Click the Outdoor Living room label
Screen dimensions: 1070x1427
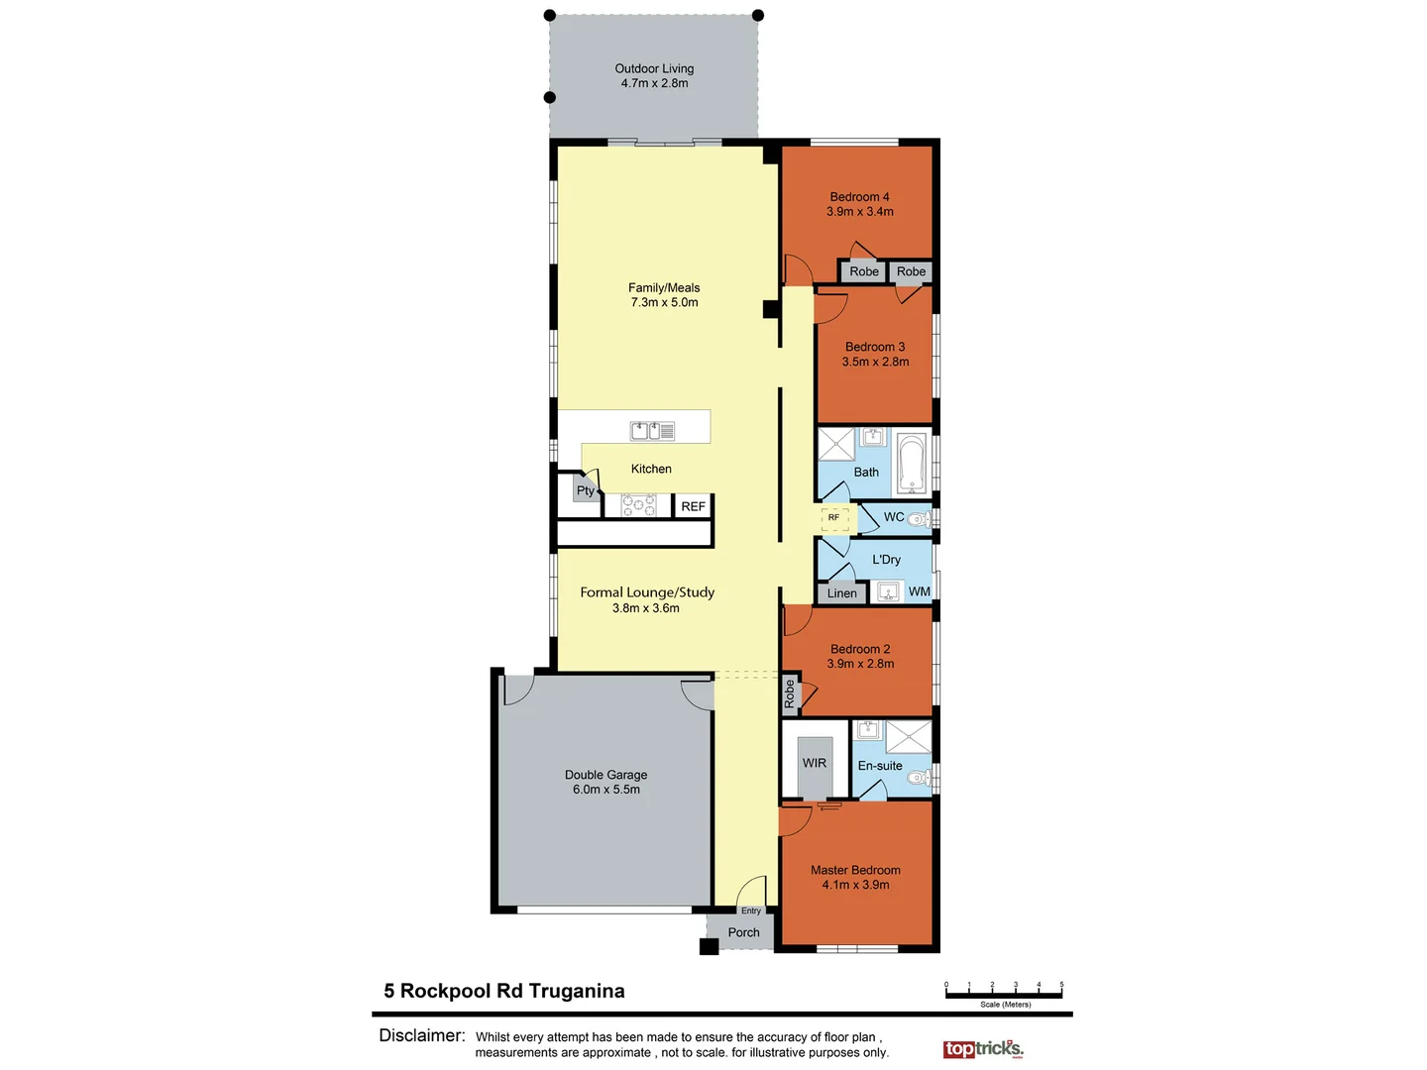(654, 69)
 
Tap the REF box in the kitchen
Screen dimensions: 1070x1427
(693, 506)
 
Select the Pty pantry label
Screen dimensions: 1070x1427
(586, 490)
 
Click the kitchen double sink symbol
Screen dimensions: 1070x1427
(653, 431)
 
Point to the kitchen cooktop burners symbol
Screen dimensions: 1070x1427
(638, 506)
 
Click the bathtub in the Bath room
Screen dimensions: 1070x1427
(911, 464)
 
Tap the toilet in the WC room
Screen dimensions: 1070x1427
(919, 518)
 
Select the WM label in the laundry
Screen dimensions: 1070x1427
(920, 591)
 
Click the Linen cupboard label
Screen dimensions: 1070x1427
(841, 593)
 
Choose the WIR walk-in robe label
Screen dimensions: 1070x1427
(815, 763)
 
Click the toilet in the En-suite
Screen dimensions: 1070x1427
(919, 778)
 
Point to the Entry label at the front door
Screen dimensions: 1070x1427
(751, 910)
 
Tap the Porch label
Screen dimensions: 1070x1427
(743, 932)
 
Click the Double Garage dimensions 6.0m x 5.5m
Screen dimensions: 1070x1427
(606, 790)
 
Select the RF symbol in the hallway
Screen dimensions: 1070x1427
(834, 517)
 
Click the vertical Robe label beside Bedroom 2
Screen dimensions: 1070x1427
(790, 694)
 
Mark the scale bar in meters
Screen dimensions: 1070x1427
(1004, 991)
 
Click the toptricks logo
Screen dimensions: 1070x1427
(982, 1048)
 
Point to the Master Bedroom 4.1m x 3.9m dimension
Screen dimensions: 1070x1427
(855, 885)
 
